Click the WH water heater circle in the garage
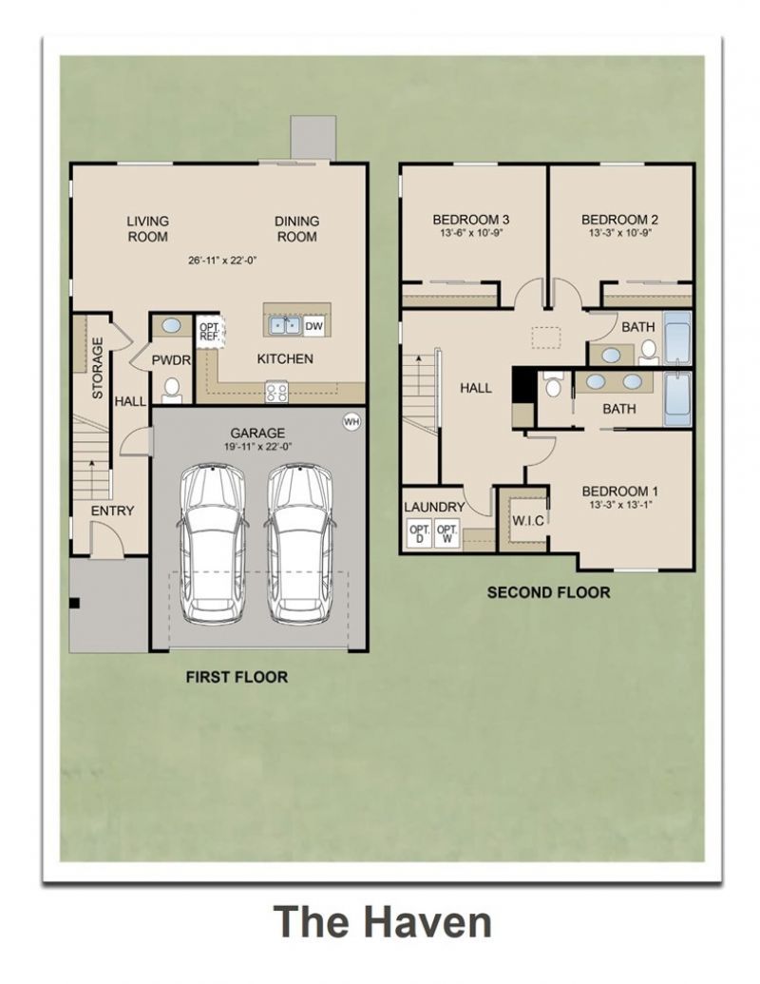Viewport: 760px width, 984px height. pyautogui.click(x=351, y=422)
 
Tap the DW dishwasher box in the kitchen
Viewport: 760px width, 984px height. pyautogui.click(x=313, y=326)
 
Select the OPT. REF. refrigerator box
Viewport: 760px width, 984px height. pyautogui.click(x=209, y=331)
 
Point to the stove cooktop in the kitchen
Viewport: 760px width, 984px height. pyautogui.click(x=275, y=392)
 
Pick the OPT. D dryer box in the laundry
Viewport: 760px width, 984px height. pyautogui.click(x=420, y=533)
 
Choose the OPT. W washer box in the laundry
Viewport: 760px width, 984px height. pyautogui.click(x=447, y=533)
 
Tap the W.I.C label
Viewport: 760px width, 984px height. pyautogui.click(x=528, y=520)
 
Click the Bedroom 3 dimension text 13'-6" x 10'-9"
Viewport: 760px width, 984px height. pyautogui.click(x=471, y=232)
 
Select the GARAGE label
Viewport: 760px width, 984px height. pyautogui.click(x=257, y=433)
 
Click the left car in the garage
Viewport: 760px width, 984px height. pyautogui.click(x=212, y=544)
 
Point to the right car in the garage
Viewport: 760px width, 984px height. pyautogui.click(x=299, y=544)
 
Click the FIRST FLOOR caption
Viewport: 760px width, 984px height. pyautogui.click(x=237, y=677)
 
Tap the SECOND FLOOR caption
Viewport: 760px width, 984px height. pyautogui.click(x=549, y=592)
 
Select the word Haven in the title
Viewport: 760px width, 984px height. pyautogui.click(x=428, y=921)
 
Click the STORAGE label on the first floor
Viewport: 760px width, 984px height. pyautogui.click(x=97, y=368)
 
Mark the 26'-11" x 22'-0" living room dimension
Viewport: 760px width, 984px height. pyautogui.click(x=223, y=260)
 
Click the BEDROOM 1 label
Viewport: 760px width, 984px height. pyautogui.click(x=619, y=492)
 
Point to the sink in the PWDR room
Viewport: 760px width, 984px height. pyautogui.click(x=171, y=326)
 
